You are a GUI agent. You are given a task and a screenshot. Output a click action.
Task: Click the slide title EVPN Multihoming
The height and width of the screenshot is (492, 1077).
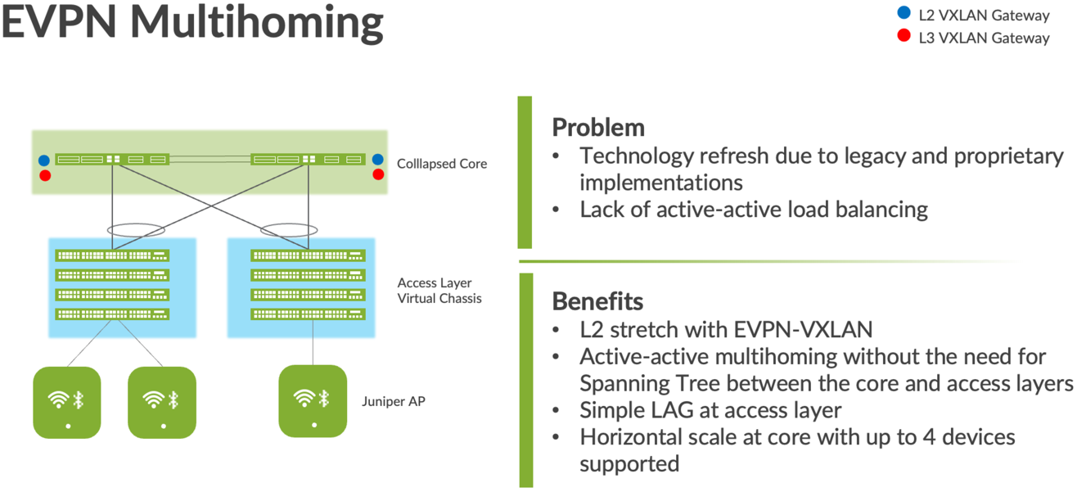(x=192, y=22)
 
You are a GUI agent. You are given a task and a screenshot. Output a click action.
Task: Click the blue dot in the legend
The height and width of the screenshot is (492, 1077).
(x=904, y=13)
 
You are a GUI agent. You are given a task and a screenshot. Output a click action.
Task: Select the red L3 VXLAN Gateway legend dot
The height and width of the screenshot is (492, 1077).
(x=904, y=36)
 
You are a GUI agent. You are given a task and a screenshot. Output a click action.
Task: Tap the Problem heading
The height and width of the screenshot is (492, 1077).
(x=598, y=128)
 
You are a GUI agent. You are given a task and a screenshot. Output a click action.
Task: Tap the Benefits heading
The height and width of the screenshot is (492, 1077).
(x=597, y=300)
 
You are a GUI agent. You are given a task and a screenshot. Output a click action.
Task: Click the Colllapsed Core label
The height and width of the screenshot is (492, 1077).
(x=442, y=164)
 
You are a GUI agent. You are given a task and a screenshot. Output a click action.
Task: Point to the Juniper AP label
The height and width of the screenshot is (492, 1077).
(x=394, y=401)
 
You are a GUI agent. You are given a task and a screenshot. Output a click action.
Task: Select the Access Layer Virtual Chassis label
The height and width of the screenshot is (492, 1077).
(x=439, y=291)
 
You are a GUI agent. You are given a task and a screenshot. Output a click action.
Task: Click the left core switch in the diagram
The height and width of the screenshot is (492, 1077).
(x=111, y=159)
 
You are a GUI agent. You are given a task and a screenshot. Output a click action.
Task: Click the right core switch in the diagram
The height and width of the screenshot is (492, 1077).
(x=309, y=159)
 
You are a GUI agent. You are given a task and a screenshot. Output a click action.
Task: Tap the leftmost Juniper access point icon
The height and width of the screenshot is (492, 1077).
(x=67, y=402)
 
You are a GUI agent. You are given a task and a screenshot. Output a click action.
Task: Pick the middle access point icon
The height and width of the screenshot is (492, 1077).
(x=162, y=402)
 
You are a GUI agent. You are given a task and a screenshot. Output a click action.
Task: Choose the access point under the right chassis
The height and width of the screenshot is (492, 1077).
(x=313, y=401)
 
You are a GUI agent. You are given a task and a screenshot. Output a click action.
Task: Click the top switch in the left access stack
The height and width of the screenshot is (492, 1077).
(x=112, y=255)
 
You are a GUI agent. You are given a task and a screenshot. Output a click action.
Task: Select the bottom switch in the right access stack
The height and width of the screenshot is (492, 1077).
(x=308, y=314)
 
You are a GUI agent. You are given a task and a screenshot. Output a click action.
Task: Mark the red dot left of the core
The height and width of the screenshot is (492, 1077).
(x=44, y=175)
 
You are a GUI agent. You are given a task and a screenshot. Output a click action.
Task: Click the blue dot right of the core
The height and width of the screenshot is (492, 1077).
(x=378, y=160)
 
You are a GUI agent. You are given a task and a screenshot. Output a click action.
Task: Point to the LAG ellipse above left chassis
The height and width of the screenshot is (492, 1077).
(x=136, y=230)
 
